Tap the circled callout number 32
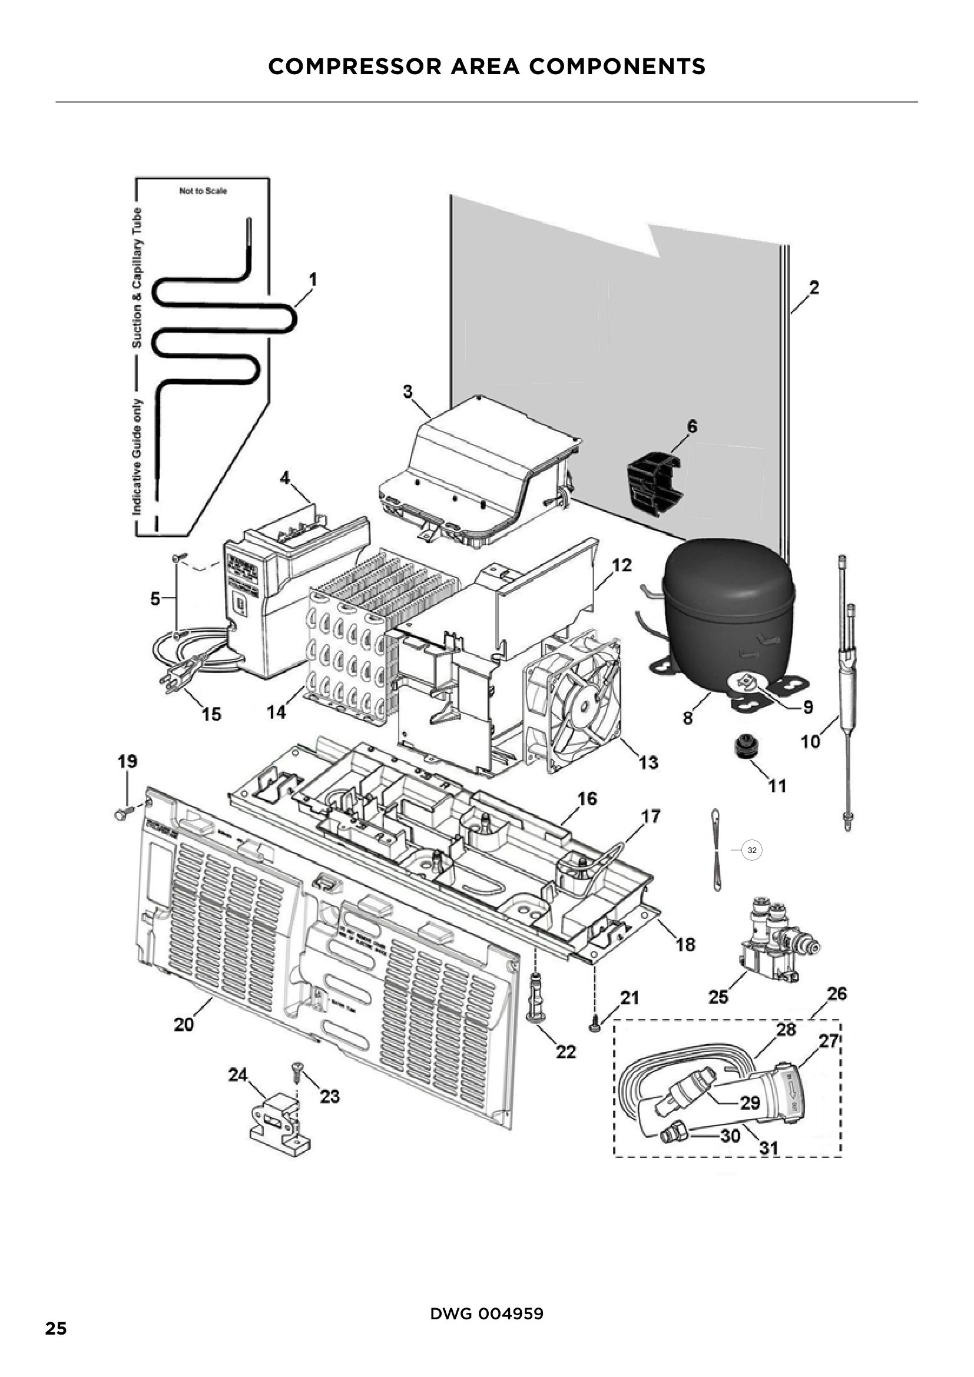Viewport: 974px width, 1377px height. click(752, 851)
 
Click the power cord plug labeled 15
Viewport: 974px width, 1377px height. click(175, 681)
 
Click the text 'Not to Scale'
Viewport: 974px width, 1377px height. click(203, 191)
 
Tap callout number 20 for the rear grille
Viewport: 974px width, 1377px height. click(184, 1024)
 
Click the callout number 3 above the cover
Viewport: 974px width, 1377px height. click(408, 391)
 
